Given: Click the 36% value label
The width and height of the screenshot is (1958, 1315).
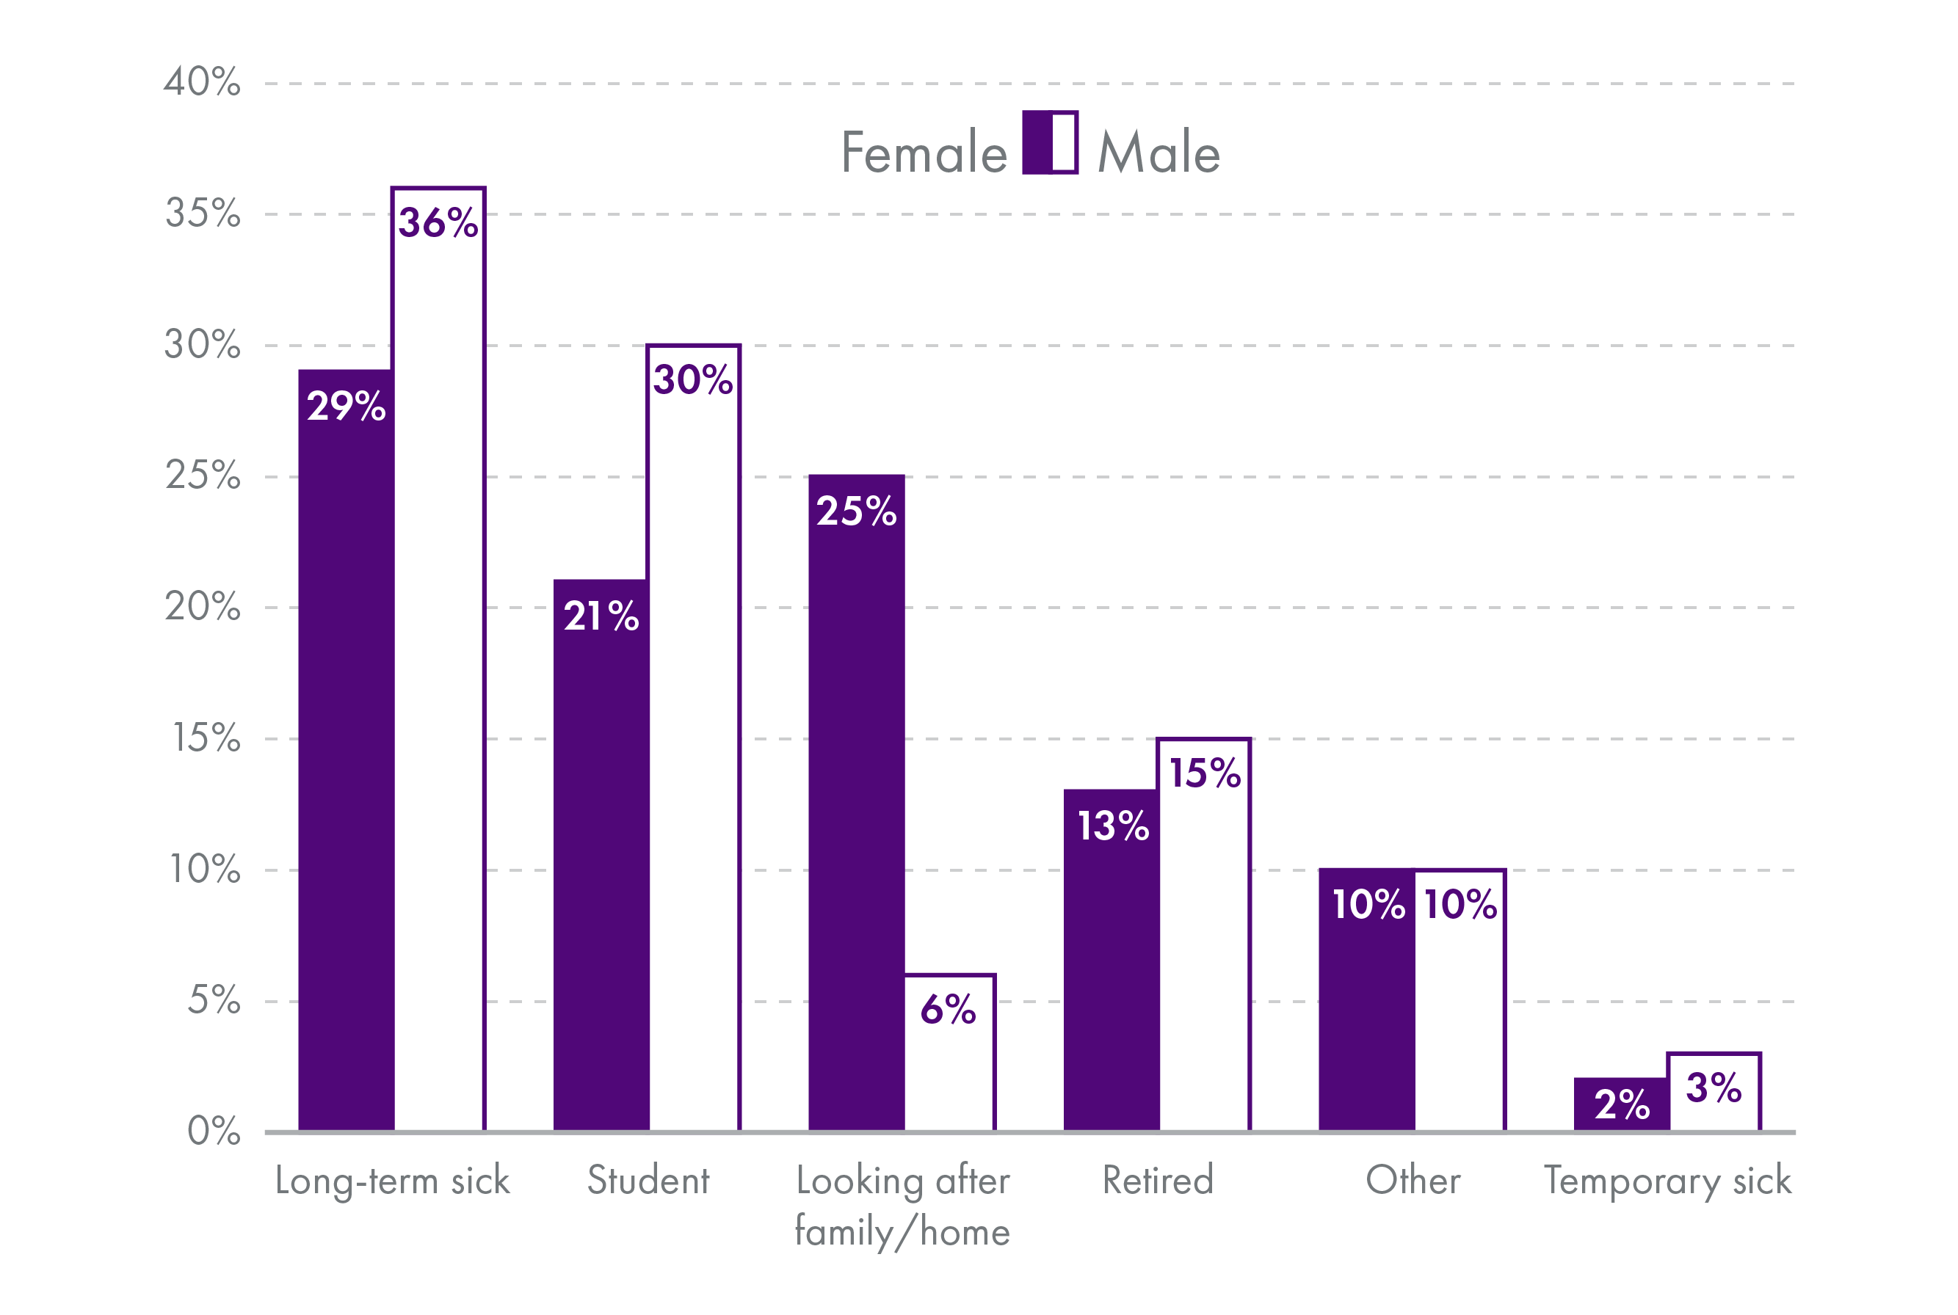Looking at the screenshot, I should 438,223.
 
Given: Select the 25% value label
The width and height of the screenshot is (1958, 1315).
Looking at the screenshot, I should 856,511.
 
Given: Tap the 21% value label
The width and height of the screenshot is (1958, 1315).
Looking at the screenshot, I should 601,616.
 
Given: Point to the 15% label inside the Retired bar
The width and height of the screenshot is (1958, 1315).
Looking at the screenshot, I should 1205,773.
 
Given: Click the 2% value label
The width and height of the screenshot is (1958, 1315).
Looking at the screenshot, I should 1622,1104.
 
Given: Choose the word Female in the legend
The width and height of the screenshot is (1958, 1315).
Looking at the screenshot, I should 924,153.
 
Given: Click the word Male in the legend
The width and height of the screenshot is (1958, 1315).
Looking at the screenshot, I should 1159,153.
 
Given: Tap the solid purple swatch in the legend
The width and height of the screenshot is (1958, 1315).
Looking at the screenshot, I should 1036,142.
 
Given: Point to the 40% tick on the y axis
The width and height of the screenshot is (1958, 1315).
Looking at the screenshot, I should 202,82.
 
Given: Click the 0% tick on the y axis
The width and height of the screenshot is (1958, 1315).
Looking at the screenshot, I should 213,1132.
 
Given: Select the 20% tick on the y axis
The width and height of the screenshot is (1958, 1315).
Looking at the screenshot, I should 202,606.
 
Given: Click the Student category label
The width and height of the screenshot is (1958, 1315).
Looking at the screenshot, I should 648,1181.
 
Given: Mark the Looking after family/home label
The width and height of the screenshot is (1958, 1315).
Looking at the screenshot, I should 903,1206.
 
